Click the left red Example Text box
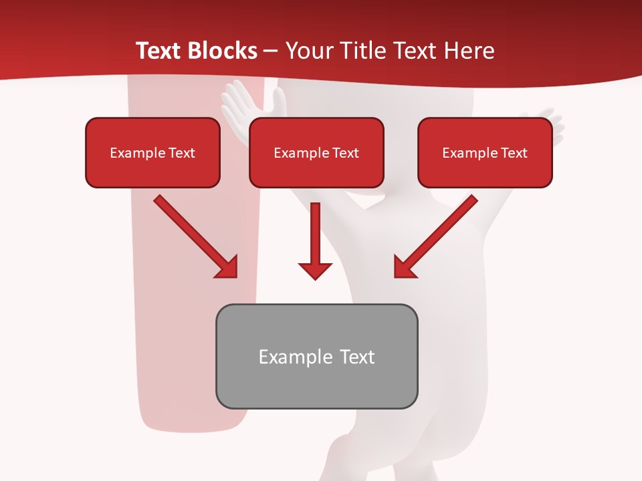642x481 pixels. point(152,152)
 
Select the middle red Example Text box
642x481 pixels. point(316,152)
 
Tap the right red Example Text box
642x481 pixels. point(485,152)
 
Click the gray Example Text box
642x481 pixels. point(316,356)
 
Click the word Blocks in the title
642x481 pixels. point(223,51)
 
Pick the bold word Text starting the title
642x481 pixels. point(158,51)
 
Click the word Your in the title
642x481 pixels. point(308,51)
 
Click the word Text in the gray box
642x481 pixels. point(357,357)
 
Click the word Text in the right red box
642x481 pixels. point(514,153)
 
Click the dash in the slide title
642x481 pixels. point(271,51)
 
